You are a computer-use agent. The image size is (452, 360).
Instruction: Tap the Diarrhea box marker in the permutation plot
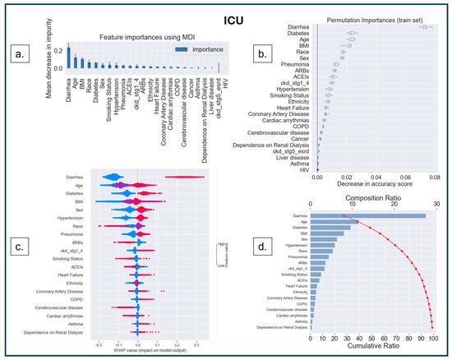[x=426, y=27]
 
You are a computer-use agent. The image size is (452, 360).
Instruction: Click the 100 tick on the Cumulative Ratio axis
[x=432, y=339]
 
